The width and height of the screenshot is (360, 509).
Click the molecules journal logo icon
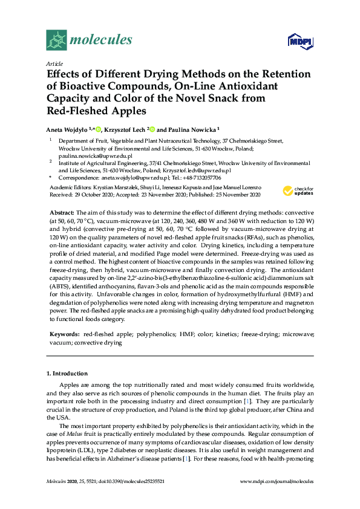56,41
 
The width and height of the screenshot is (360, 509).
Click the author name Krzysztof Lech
125,129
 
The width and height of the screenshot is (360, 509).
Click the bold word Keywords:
65,334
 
